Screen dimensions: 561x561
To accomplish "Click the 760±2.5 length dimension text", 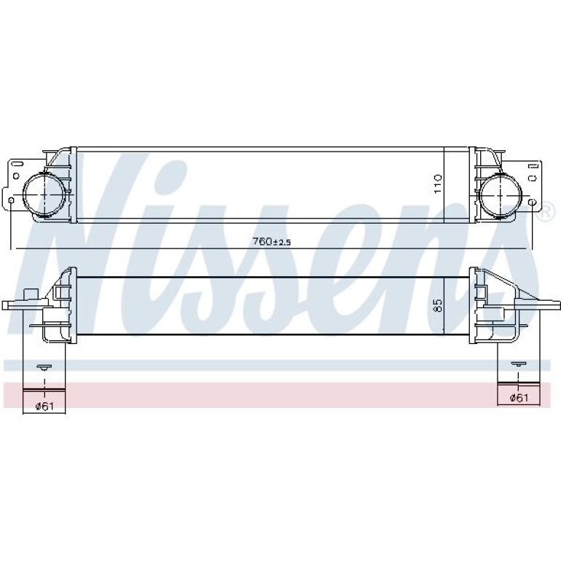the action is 272,242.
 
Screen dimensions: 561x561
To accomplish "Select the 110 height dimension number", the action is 438,184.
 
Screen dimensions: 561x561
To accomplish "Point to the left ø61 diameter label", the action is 44,406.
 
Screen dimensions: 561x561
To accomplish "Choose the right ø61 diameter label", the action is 519,397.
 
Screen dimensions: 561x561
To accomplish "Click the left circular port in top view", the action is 44,195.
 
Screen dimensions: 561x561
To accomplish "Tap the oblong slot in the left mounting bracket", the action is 17,164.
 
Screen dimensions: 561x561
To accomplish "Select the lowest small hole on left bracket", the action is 11,200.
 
